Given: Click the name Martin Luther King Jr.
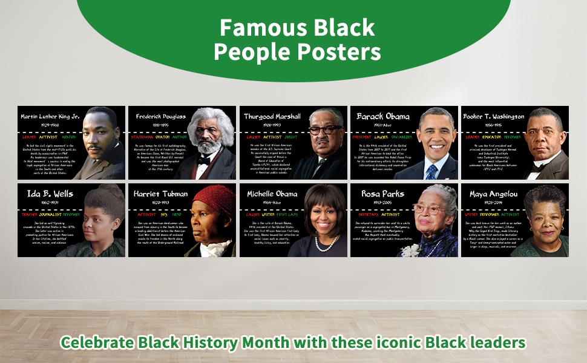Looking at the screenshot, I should click(x=50, y=116).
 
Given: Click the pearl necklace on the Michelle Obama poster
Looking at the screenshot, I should click(x=327, y=243).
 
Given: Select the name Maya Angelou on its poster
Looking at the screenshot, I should click(x=491, y=194).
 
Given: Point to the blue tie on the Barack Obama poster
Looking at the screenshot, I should click(x=431, y=172).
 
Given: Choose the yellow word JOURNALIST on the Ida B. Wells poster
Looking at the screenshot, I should click(x=51, y=214).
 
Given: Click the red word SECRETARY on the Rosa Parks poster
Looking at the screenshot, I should click(x=364, y=214).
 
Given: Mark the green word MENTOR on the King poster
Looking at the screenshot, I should click(x=69, y=137).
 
